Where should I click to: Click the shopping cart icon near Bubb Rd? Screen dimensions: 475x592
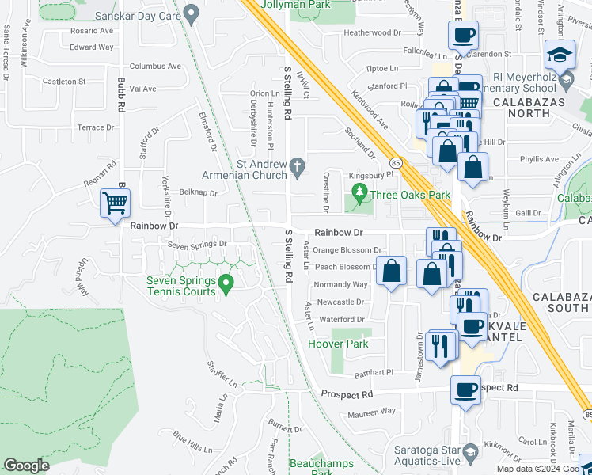pos(116,203)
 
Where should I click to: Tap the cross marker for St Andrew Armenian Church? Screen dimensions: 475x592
pos(298,166)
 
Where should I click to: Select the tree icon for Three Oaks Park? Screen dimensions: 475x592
pos(360,192)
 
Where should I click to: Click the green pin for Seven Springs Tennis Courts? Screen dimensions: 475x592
pos(226,281)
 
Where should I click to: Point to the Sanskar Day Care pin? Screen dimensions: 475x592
pos(191,13)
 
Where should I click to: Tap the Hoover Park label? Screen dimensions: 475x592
pos(338,344)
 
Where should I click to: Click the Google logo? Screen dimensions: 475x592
pos(26,465)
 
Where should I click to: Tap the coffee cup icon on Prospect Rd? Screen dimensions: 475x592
pos(465,389)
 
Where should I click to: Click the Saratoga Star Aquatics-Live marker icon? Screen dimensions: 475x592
pos(469,452)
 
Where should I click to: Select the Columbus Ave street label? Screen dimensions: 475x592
pos(155,66)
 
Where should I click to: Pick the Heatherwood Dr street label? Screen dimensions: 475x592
pos(374,33)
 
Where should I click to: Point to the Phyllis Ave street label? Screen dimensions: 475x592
pos(540,158)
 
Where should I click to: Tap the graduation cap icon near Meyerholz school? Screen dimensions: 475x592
pos(560,54)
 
